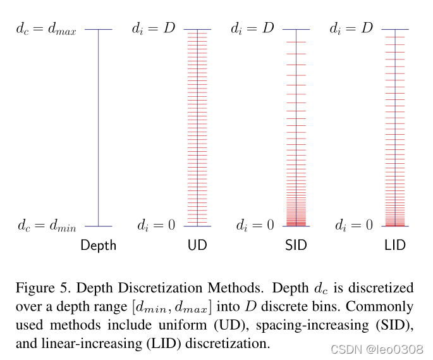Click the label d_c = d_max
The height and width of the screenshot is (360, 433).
pos(46,29)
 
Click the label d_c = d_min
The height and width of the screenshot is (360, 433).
pos(47,225)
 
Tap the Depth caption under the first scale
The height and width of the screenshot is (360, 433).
pos(99,245)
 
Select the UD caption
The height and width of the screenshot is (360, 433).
pos(197,245)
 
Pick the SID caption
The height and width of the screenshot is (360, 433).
pos(296,245)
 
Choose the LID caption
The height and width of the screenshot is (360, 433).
pos(395,245)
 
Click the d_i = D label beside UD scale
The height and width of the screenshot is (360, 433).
pos(154,28)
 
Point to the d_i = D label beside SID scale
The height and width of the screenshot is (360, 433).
pos(252,28)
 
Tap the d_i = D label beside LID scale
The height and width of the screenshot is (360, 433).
pos(351,28)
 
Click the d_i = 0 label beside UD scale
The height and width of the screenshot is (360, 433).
pos(156,225)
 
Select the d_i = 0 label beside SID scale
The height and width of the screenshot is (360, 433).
pos(255,225)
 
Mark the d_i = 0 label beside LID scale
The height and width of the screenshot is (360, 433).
pos(354,225)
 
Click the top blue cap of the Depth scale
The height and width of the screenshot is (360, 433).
pos(99,29)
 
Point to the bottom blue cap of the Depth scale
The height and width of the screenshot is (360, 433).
pos(99,226)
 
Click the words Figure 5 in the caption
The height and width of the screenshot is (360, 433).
pos(43,288)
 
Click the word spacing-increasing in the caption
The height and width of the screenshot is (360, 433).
pos(312,325)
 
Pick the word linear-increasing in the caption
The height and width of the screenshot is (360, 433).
pos(92,344)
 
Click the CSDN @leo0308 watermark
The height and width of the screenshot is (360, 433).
pos(377,349)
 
